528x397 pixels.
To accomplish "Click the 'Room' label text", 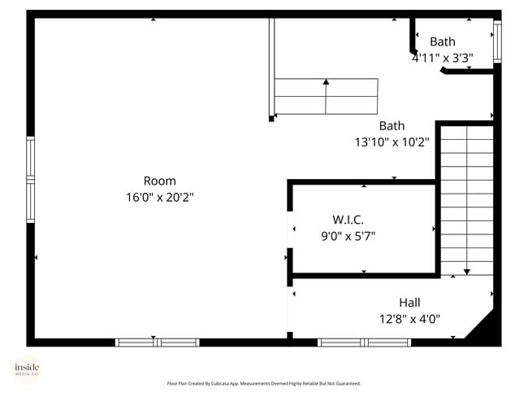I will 159,181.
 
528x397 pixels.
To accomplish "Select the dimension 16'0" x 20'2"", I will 159,197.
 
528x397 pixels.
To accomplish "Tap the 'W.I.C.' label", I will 348,220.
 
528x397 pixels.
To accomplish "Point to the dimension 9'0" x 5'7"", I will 348,236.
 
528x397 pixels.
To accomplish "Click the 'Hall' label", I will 409,303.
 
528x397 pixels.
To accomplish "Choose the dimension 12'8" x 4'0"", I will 409,319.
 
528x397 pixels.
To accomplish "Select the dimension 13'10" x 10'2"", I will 392,142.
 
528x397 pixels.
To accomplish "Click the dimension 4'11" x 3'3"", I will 443,58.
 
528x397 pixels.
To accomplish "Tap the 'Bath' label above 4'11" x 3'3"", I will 443,41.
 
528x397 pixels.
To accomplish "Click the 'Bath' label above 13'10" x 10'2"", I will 392,125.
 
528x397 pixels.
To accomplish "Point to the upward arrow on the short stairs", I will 326,82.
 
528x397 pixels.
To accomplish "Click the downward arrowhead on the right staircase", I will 467,272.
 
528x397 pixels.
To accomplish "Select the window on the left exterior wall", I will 31,180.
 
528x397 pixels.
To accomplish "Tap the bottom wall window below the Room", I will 157,342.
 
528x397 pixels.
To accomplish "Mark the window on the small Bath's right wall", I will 497,41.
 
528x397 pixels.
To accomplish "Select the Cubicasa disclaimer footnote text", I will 263,383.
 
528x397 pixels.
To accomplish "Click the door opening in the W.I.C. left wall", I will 290,231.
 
